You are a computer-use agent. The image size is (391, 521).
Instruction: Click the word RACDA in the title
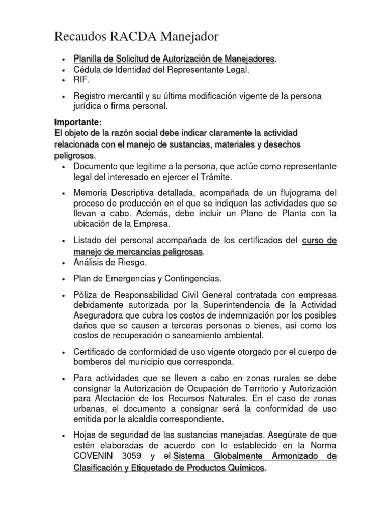click(125, 37)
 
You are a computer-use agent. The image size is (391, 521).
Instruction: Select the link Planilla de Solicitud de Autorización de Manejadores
click(175, 60)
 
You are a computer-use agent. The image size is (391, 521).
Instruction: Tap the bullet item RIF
click(81, 80)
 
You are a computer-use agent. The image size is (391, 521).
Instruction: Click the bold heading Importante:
click(78, 122)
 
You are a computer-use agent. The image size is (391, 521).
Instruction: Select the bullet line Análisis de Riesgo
click(110, 263)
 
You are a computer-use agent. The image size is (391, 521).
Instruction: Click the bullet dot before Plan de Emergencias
click(62, 279)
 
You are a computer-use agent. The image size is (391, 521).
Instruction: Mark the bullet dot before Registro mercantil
click(62, 97)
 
